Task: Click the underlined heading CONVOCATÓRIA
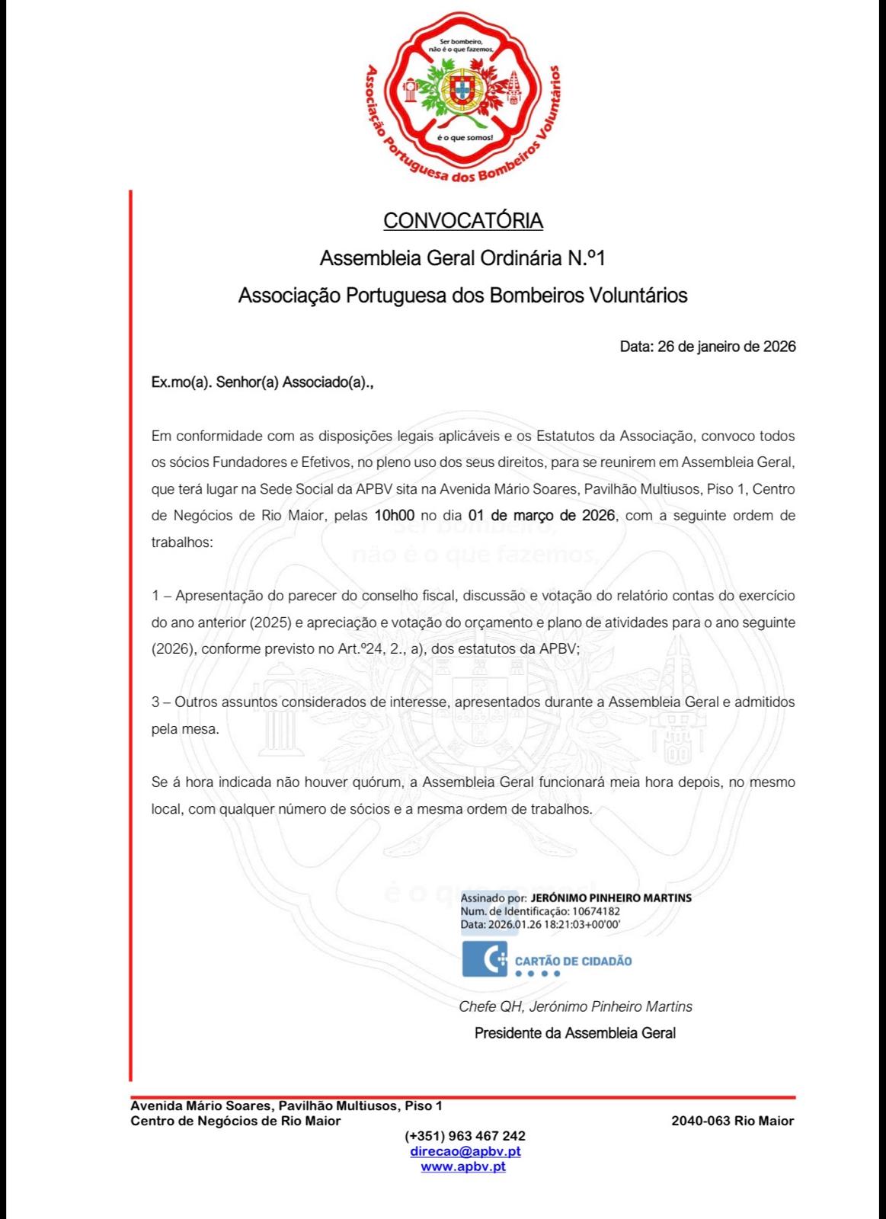click(462, 221)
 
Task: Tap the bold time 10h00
click(394, 515)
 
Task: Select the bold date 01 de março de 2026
click(542, 515)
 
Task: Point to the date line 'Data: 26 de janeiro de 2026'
click(708, 347)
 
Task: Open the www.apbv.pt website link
click(463, 1166)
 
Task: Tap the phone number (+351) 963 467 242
click(465, 1136)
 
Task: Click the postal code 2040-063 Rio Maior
click(732, 1121)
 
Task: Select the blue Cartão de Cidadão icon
click(485, 959)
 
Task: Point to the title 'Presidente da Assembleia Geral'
click(574, 1034)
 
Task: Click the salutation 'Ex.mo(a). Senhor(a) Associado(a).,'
click(263, 383)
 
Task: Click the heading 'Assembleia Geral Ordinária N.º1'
click(462, 258)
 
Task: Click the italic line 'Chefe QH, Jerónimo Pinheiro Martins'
click(575, 1007)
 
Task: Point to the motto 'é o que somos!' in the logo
click(464, 138)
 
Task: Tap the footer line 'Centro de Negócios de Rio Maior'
click(235, 1121)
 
